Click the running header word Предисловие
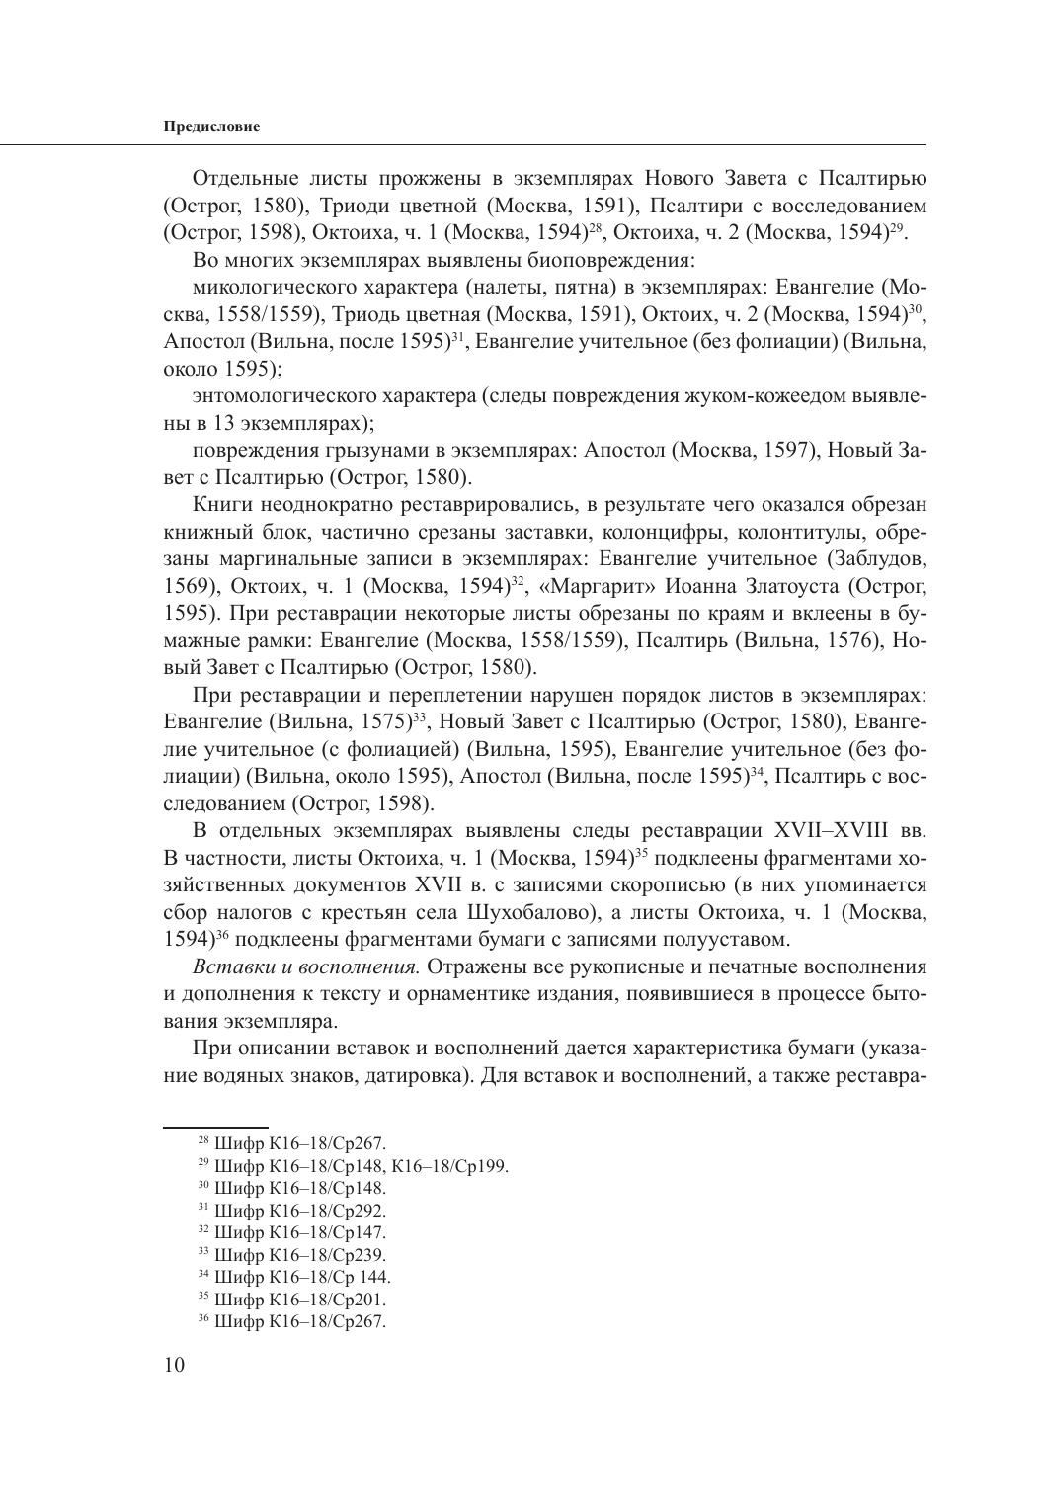point(211,127)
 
